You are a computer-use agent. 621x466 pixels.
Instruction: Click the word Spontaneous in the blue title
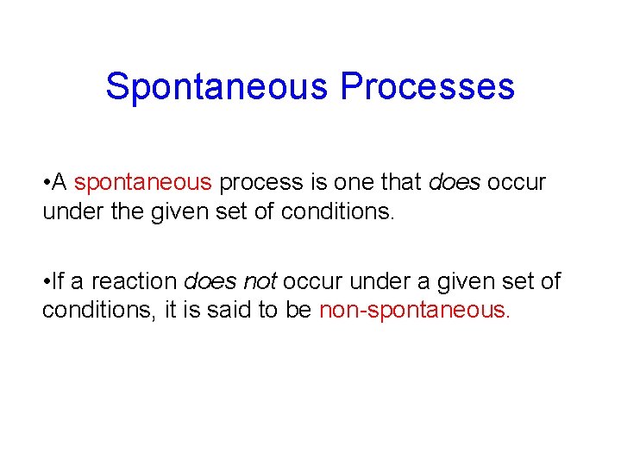click(x=216, y=87)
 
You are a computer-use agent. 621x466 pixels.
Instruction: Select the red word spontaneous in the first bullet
click(x=142, y=183)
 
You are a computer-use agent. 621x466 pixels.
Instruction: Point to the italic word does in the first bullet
click(x=455, y=183)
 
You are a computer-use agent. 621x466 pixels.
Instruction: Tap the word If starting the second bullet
click(x=59, y=281)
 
